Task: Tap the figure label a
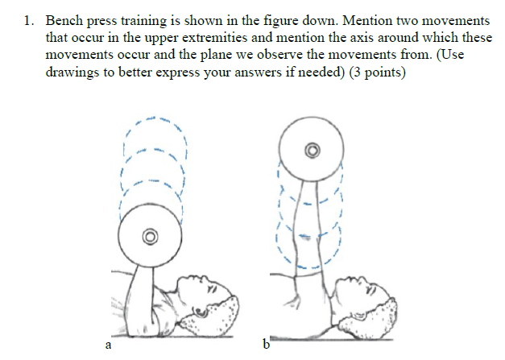pyautogui.click(x=108, y=346)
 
